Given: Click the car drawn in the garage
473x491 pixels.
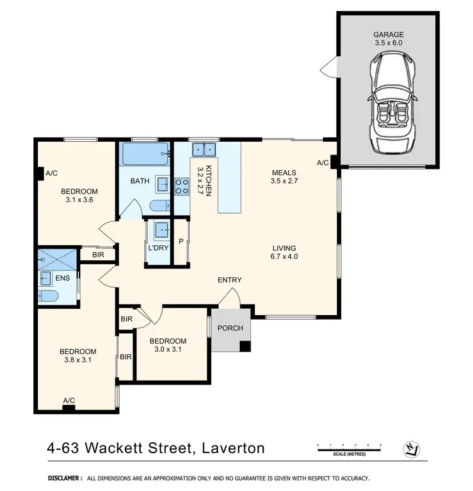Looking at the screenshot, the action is (392, 103).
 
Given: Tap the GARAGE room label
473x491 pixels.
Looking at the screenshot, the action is (388, 35).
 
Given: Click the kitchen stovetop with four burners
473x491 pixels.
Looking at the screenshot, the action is (182, 187).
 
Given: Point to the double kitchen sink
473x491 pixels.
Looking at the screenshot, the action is (204, 149).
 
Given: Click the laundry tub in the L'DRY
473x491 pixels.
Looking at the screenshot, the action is (161, 229).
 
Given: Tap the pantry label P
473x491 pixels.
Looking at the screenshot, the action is (181, 242).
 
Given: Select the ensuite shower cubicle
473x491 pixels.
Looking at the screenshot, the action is (57, 260).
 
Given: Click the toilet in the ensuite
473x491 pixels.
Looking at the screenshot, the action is (48, 296).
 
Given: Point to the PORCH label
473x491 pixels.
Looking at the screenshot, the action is (230, 328).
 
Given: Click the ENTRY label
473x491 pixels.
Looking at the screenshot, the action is (230, 280).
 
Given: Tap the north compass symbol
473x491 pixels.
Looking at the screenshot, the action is (411, 449).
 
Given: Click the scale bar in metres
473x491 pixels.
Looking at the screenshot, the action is (349, 449).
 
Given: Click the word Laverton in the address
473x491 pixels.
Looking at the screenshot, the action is (233, 448).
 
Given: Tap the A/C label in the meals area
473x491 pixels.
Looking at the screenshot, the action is (323, 163).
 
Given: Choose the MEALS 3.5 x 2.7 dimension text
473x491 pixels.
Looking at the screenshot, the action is (284, 176).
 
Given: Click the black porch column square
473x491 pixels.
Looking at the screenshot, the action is (245, 346).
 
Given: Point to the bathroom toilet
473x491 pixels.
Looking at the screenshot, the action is (160, 206).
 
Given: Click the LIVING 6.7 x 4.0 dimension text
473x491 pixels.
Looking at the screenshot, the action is (284, 252).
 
